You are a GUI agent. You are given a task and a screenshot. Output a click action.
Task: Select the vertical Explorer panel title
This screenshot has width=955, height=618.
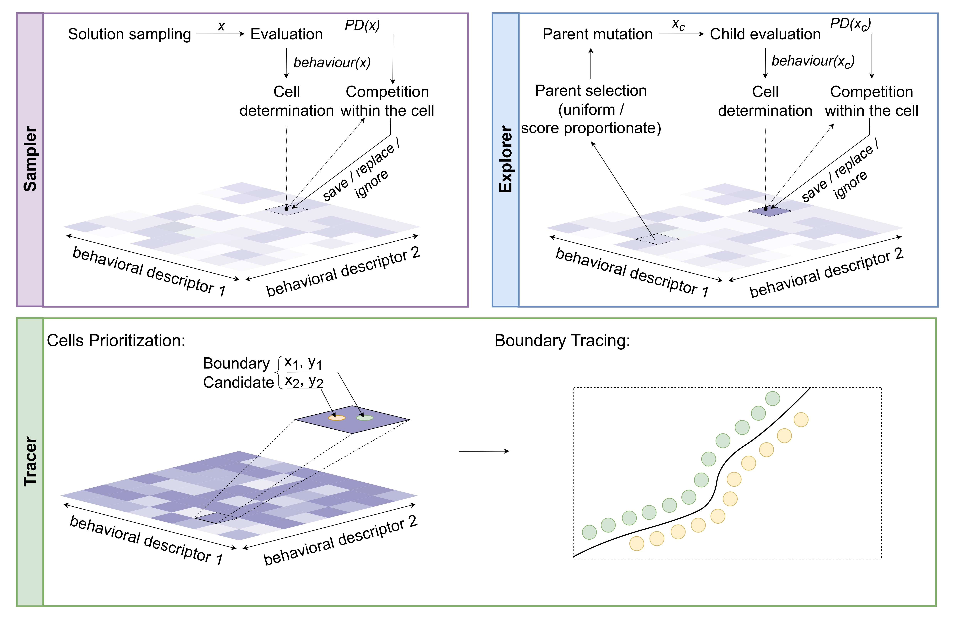(506, 159)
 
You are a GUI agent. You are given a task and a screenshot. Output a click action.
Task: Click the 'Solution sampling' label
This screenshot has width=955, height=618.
(129, 34)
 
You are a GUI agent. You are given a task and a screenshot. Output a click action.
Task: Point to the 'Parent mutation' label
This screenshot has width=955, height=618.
(597, 34)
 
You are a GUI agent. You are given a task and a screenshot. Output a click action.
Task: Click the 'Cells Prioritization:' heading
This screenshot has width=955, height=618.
(116, 341)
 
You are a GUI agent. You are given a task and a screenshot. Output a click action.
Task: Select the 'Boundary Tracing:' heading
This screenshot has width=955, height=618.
(562, 341)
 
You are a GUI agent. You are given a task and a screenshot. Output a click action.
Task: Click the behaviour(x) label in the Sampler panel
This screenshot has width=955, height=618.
(332, 63)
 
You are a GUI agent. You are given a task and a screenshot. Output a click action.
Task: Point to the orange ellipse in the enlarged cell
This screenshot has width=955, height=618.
(337, 418)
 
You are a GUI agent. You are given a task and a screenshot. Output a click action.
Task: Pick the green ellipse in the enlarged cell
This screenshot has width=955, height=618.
(365, 418)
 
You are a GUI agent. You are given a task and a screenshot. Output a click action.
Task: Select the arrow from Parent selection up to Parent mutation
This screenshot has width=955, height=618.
(591, 63)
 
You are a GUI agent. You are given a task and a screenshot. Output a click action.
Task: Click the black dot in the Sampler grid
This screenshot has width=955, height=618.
(286, 209)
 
